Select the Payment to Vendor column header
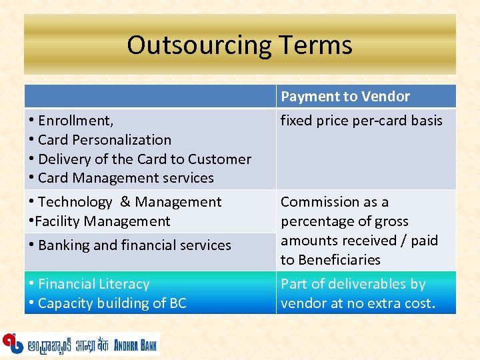point(345,97)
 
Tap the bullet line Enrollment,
point(75,121)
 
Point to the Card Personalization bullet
point(104,140)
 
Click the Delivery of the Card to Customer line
point(144,159)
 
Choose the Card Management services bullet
point(125,178)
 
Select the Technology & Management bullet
point(129,202)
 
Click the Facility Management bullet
point(103,221)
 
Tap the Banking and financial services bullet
point(134,245)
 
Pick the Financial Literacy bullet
point(93,284)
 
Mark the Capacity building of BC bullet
point(112,303)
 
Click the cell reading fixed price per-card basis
point(361,121)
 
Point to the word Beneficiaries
point(339,260)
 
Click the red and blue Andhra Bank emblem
point(12,343)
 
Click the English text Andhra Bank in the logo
point(135,344)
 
